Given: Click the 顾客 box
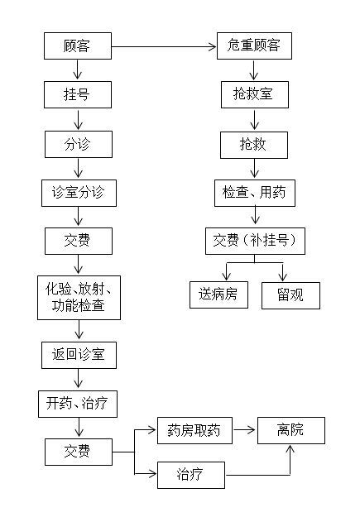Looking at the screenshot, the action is (78, 45).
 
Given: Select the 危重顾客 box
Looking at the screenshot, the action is (254, 45).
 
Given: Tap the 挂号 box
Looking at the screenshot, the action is (78, 94).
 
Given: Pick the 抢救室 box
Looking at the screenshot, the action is (255, 94).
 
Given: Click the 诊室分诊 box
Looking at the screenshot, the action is (79, 193).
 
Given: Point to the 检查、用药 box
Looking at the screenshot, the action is (255, 193).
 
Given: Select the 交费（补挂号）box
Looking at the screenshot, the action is (255, 241).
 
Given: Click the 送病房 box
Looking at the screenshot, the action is (218, 294).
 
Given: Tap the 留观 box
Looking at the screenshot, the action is (290, 295).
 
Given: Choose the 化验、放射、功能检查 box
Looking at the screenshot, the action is (79, 298).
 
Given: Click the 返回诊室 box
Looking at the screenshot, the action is (79, 355).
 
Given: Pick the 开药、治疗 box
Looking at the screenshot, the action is (78, 404).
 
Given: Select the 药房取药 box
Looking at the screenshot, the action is (194, 430).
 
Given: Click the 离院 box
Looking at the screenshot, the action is (291, 430).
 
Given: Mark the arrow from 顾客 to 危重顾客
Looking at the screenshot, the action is (164, 47).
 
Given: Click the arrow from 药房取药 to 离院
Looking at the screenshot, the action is (244, 429).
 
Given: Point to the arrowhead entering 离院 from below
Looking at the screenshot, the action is (290, 448).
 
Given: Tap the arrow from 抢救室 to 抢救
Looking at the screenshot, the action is (254, 120).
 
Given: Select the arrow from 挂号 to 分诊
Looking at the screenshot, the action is (78, 120).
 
